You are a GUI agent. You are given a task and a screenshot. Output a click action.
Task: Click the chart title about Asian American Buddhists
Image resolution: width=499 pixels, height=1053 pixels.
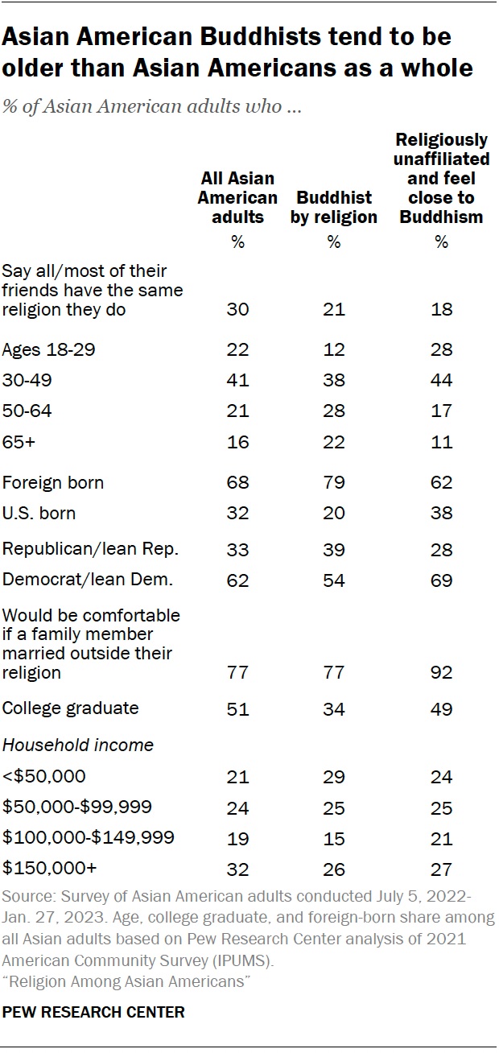pyautogui.click(x=237, y=52)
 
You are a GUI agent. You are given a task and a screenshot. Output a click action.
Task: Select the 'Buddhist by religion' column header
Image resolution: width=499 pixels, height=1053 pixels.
pyautogui.click(x=334, y=207)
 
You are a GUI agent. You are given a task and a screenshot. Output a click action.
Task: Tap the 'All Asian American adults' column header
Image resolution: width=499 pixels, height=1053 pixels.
pyautogui.click(x=237, y=197)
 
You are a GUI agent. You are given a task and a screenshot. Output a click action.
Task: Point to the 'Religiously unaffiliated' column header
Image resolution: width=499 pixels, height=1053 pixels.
pyautogui.click(x=441, y=179)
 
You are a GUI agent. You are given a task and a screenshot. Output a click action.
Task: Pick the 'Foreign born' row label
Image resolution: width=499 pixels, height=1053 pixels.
pyautogui.click(x=53, y=482)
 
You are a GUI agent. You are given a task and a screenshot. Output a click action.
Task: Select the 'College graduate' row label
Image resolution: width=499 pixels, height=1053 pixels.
pyautogui.click(x=71, y=708)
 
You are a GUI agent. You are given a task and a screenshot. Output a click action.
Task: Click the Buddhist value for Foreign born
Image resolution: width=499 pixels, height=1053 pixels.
pyautogui.click(x=334, y=483)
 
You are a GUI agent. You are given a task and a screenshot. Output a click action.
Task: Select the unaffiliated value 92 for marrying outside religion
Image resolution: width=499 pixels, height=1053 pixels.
pyautogui.click(x=441, y=672)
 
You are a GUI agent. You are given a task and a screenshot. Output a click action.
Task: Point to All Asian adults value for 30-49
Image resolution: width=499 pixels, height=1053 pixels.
pyautogui.click(x=237, y=381)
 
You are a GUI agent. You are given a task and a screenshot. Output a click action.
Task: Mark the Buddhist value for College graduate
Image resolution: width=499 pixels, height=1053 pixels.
pyautogui.click(x=334, y=708)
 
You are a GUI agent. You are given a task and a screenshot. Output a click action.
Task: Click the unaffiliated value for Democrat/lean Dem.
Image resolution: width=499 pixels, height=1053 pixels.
pyautogui.click(x=441, y=580)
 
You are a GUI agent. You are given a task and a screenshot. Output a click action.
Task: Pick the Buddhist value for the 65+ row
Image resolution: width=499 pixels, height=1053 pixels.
pyautogui.click(x=334, y=442)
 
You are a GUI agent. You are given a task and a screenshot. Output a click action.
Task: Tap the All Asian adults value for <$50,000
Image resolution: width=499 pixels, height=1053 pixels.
pyautogui.click(x=237, y=777)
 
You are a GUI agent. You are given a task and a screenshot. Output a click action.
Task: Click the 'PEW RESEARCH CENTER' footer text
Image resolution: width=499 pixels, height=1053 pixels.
pyautogui.click(x=93, y=1013)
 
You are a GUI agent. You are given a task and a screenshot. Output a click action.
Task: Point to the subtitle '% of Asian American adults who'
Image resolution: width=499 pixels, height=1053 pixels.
pyautogui.click(x=152, y=108)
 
